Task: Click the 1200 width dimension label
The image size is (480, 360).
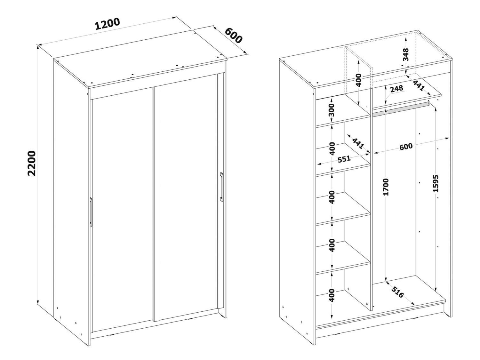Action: coord(107,24)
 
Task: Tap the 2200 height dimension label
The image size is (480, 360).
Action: coord(32,163)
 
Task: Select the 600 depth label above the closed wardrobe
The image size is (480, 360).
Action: coord(233,36)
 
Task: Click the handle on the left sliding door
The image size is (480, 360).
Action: coord(91,212)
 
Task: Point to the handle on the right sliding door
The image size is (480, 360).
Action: coord(221,187)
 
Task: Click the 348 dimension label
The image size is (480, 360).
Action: coord(406,54)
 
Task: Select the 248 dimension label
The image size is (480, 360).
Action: coord(396,89)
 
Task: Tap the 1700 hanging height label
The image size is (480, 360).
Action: coord(386,187)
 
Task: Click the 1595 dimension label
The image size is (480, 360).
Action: coord(436,183)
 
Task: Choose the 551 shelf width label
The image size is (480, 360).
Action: coord(344,159)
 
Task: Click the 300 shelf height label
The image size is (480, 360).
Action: coord(332,110)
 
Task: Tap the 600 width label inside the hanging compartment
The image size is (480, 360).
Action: coord(406,147)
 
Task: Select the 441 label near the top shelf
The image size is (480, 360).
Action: coord(419,85)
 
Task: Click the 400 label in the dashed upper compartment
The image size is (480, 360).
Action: coord(359,80)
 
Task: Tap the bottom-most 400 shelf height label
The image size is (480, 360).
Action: coord(332,295)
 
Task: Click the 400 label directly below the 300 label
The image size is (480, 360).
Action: coord(332,148)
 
